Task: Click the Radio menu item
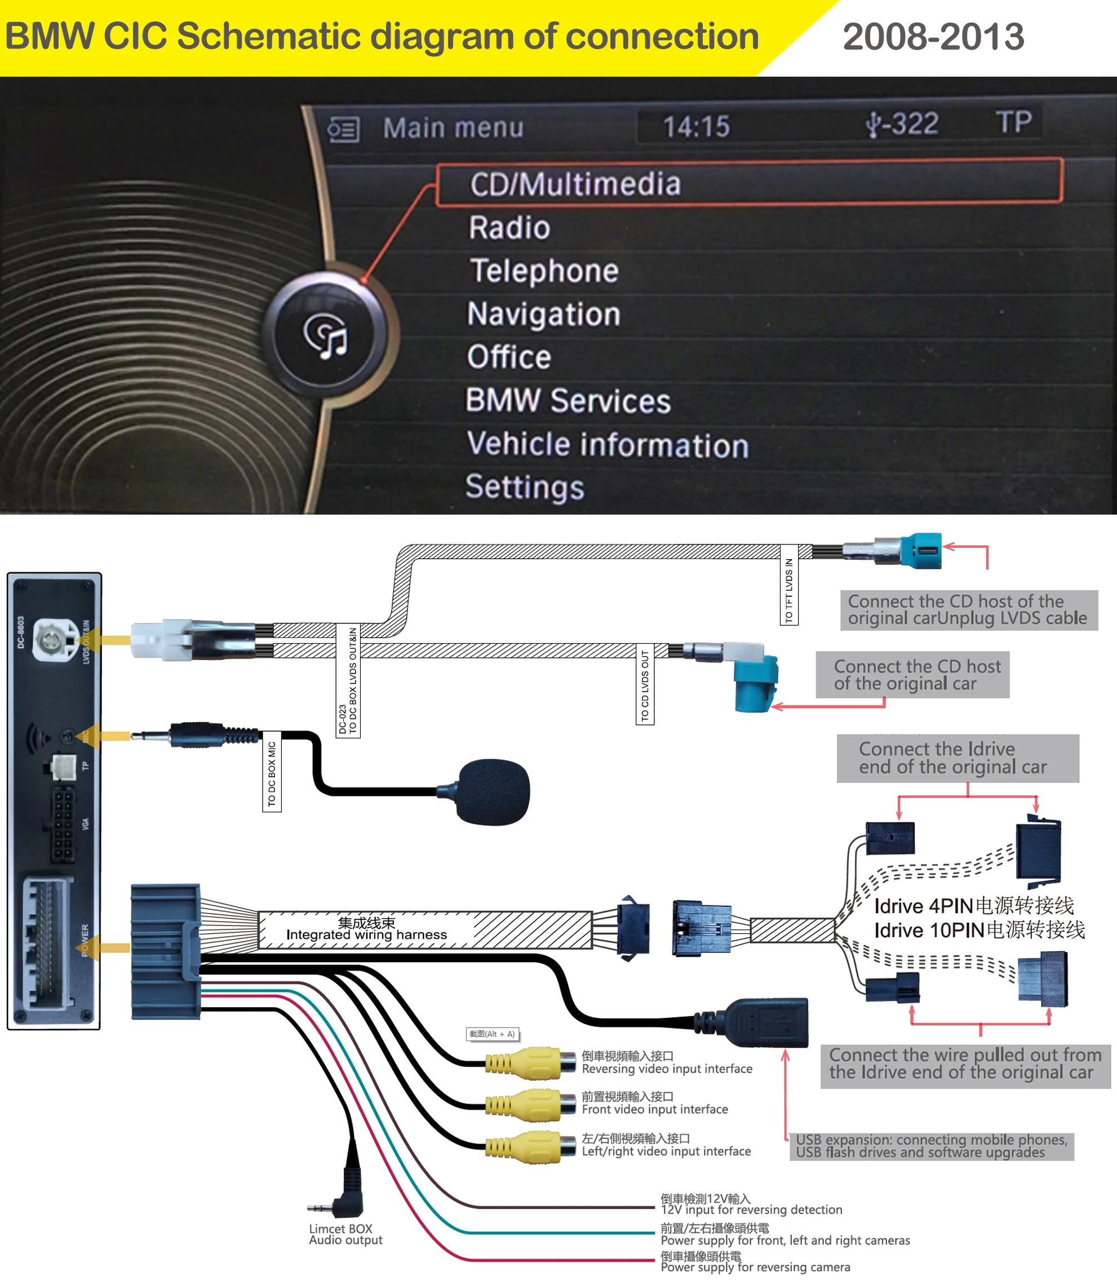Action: coord(509,228)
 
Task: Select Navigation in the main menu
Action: coord(543,313)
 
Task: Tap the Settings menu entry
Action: coord(524,487)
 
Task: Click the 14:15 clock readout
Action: coord(695,126)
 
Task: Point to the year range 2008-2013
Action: coord(933,37)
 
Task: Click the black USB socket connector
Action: coord(766,1023)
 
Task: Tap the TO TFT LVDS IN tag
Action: coord(788,590)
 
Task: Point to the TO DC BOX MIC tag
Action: coord(271,773)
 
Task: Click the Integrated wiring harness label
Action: coord(366,929)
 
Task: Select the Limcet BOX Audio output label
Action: coord(345,1234)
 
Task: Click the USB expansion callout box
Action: coord(931,1146)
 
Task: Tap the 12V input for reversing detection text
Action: coord(751,1209)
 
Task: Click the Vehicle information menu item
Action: coord(607,444)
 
